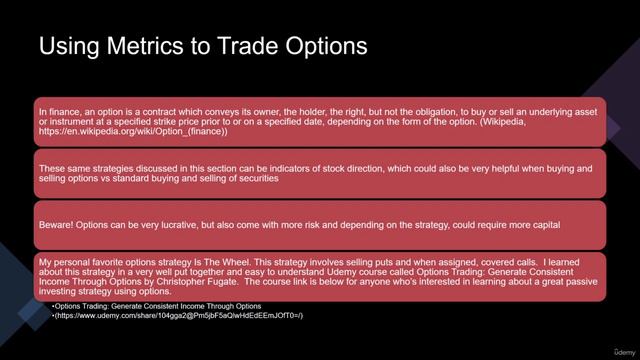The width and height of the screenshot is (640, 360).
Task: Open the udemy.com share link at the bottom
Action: point(180,316)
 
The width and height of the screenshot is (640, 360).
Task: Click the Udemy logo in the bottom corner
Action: point(609,345)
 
